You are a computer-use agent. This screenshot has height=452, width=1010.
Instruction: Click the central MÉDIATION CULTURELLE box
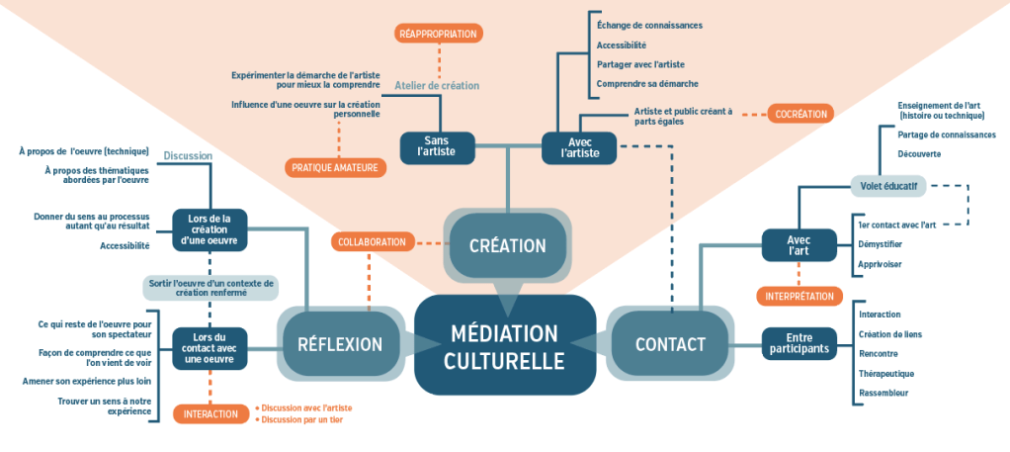pyautogui.click(x=504, y=344)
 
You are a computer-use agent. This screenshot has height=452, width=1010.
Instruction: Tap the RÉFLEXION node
pyautogui.click(x=340, y=344)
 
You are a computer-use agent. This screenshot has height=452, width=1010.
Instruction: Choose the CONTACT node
pyautogui.click(x=670, y=344)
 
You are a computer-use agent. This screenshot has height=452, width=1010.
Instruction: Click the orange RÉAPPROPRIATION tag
pyautogui.click(x=438, y=34)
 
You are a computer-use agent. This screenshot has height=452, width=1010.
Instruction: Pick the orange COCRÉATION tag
pyautogui.click(x=800, y=114)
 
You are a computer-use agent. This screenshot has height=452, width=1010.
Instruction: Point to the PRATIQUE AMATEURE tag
pyautogui.click(x=335, y=168)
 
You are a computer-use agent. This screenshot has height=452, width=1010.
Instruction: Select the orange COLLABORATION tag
pyautogui.click(x=372, y=241)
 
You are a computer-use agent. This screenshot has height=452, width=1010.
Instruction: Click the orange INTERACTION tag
pyautogui.click(x=210, y=413)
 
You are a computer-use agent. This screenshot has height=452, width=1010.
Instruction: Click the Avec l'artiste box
pyautogui.click(x=579, y=147)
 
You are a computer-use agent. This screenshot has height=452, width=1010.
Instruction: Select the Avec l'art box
pyautogui.click(x=799, y=245)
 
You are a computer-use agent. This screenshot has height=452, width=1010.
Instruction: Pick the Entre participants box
pyautogui.click(x=799, y=344)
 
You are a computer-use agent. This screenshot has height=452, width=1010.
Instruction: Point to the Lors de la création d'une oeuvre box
pyautogui.click(x=210, y=230)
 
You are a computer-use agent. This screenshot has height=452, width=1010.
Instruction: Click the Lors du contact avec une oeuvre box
pyautogui.click(x=210, y=349)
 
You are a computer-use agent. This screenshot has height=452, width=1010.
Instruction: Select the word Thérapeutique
pyautogui.click(x=886, y=373)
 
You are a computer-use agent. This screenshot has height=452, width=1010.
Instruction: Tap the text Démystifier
pyautogui.click(x=880, y=243)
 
